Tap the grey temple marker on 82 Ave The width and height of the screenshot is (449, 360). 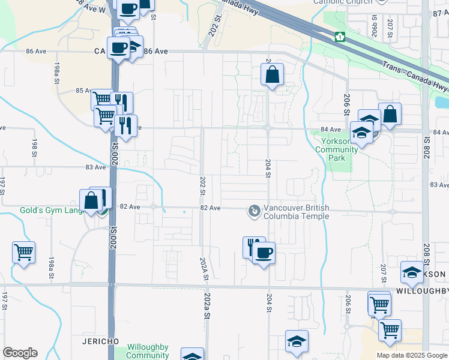pos(255,211)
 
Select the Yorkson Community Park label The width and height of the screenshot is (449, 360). pos(336,150)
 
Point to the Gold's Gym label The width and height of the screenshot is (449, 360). pos(50,211)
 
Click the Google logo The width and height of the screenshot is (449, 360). pos(20,353)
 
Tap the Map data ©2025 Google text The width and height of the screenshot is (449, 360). pos(411,355)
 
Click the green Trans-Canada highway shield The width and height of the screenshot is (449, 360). pos(340,37)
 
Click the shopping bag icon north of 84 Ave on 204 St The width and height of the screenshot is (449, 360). pos(272,75)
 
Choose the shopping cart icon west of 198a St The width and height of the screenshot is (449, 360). pos(23,253)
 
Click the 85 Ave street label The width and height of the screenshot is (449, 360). pos(83,91)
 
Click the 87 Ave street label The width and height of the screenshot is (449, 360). pos(440,12)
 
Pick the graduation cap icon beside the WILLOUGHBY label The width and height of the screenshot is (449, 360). pos(412,273)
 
